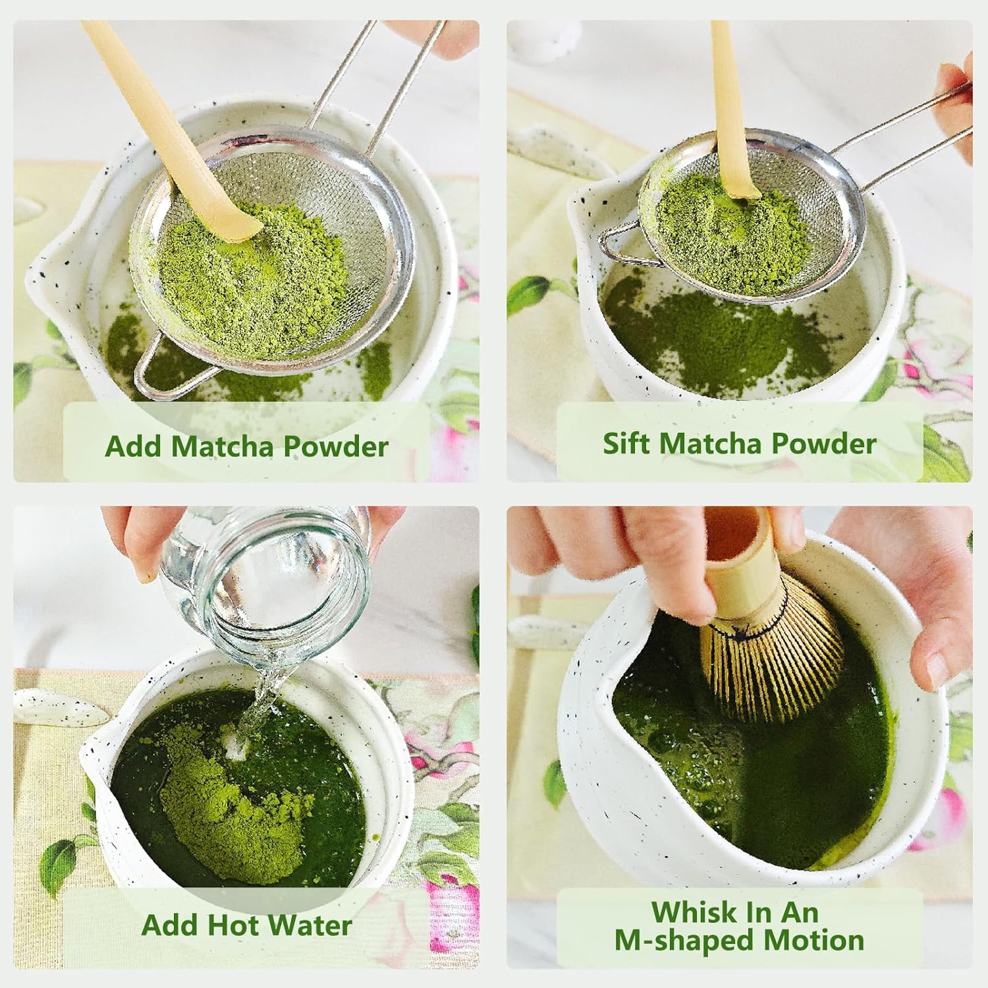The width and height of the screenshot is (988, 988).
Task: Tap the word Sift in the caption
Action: click(x=626, y=443)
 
